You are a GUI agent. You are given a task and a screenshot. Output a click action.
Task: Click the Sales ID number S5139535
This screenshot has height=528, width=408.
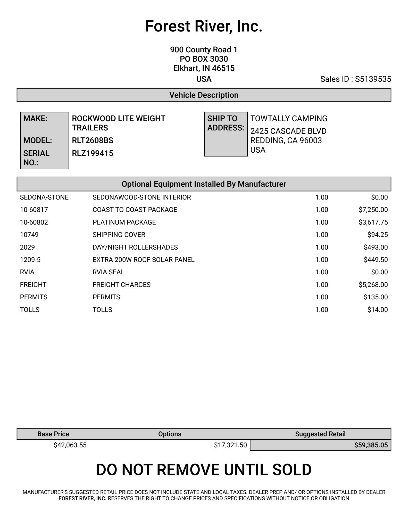pyautogui.click(x=373, y=79)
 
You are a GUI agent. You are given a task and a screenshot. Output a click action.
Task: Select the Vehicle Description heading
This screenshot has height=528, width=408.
pyautogui.click(x=204, y=95)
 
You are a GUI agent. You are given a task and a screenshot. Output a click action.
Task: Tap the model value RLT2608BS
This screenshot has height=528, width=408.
pyautogui.click(x=93, y=141)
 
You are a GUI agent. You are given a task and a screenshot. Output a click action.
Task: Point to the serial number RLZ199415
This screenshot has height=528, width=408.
pyautogui.click(x=93, y=153)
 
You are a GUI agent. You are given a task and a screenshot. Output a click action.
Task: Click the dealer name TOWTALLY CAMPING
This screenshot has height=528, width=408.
pyautogui.click(x=289, y=119)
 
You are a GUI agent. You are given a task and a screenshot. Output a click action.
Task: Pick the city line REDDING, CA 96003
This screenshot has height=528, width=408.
pyautogui.click(x=286, y=141)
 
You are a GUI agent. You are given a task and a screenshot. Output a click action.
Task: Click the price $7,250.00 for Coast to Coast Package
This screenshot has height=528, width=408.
pyautogui.click(x=373, y=210)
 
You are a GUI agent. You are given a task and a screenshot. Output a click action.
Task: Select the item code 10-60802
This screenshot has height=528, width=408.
pyautogui.click(x=34, y=222)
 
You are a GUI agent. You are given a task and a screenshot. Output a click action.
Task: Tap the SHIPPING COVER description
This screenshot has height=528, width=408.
pyautogui.click(x=119, y=235)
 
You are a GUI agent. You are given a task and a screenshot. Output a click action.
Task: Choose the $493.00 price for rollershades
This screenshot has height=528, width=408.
pyautogui.click(x=376, y=247)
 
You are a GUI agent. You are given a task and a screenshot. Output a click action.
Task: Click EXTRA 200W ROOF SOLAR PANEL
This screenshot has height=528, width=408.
pyautogui.click(x=143, y=260)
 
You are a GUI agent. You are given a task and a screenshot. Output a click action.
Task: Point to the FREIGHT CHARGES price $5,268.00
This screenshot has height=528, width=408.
pyautogui.click(x=373, y=285)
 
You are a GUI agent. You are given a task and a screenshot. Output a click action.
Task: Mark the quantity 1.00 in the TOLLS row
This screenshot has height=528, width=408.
pyautogui.click(x=321, y=310)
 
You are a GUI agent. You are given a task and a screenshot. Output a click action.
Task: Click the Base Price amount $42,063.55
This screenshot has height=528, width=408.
pyautogui.click(x=70, y=445)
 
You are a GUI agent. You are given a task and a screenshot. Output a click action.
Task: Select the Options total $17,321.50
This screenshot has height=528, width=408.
pyautogui.click(x=230, y=445)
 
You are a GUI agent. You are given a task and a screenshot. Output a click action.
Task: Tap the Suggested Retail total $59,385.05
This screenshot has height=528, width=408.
pyautogui.click(x=371, y=445)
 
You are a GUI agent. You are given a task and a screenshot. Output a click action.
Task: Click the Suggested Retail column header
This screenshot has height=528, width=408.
pyautogui.click(x=320, y=434)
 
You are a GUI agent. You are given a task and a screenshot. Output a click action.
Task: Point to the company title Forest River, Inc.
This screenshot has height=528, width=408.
pyautogui.click(x=204, y=26)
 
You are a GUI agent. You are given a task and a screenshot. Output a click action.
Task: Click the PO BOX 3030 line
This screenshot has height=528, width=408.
pyautogui.click(x=204, y=59)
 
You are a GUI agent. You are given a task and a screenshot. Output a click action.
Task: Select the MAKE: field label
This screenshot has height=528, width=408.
pyautogui.click(x=35, y=119)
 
